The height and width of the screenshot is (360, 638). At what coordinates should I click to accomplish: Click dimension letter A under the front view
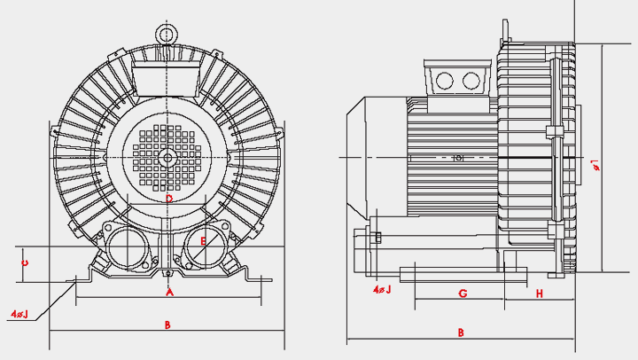[169, 291]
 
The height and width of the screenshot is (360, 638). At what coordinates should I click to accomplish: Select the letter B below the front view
[167, 325]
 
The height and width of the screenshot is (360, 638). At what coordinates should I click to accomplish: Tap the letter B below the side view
[461, 333]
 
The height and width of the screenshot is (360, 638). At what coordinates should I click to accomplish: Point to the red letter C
[26, 262]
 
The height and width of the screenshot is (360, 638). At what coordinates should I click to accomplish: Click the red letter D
[169, 199]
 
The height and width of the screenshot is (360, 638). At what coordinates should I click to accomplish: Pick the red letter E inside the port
[203, 240]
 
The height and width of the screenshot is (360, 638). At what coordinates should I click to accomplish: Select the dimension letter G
[463, 293]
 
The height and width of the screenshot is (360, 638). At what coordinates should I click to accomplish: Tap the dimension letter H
[539, 293]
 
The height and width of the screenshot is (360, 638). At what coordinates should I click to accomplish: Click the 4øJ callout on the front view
[19, 314]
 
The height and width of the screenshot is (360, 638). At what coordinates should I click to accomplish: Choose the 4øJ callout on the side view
[382, 289]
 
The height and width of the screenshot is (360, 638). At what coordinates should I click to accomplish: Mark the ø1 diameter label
[595, 164]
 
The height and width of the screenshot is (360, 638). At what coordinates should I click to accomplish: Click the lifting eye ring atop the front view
[167, 33]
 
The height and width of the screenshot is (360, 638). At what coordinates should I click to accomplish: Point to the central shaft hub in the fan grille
[167, 158]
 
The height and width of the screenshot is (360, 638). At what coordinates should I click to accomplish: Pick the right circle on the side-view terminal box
[471, 81]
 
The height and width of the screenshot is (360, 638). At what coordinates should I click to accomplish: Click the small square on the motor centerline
[458, 158]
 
